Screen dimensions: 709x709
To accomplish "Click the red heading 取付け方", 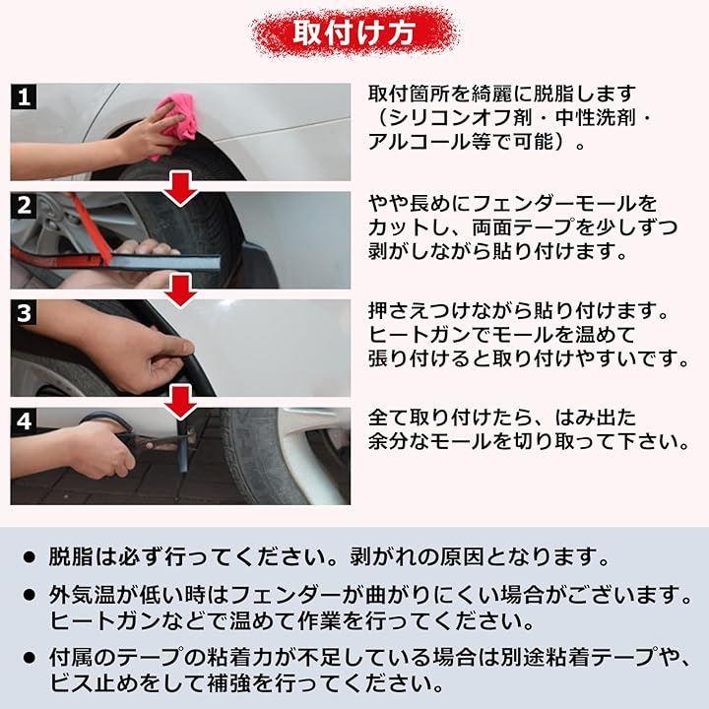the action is [354, 32].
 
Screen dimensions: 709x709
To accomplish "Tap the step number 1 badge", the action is [24, 97].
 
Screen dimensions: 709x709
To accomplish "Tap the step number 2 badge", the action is [24, 205].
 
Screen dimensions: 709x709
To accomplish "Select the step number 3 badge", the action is [24, 313].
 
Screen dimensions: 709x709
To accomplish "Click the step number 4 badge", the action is [24, 421].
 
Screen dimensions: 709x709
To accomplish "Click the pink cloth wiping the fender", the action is [174, 120].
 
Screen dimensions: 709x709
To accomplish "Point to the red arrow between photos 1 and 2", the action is [181, 188].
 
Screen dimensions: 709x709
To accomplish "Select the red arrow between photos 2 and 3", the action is [181, 290].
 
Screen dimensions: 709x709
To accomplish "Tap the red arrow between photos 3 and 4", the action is [181, 401].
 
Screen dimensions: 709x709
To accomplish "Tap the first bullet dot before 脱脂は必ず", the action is [30, 557].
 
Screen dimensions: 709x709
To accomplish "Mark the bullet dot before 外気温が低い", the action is [30, 596].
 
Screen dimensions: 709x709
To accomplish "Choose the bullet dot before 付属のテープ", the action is [30, 658].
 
